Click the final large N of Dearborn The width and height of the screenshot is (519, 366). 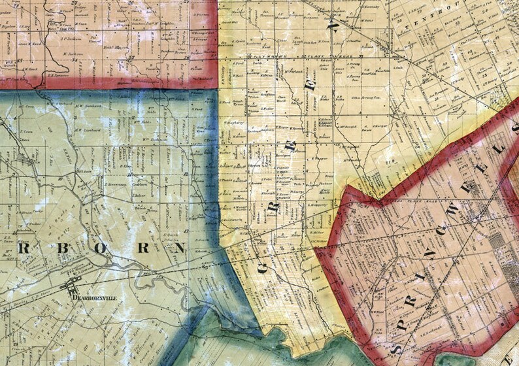pyautogui.click(x=196, y=246)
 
